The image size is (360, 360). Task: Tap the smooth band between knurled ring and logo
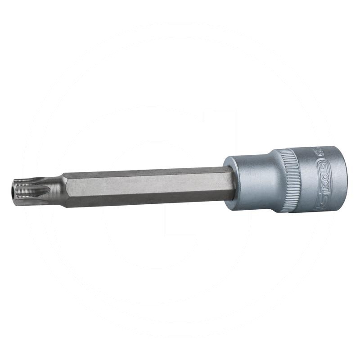pos(306,179)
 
